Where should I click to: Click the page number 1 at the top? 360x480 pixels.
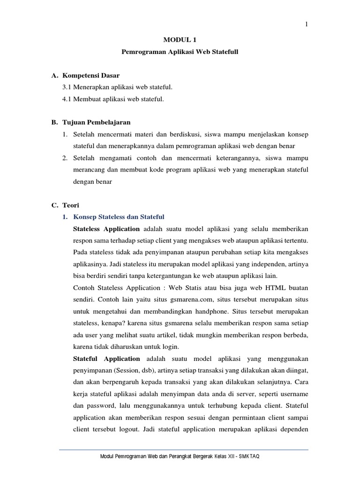[306, 25]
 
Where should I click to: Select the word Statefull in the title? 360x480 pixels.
[226, 53]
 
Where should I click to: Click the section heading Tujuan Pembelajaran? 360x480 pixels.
[97, 122]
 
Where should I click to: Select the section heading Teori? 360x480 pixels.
[71, 205]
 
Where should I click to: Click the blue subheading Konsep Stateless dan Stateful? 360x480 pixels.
[119, 217]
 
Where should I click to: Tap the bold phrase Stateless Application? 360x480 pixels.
[106, 229]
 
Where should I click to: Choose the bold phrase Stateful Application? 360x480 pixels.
[106, 359]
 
